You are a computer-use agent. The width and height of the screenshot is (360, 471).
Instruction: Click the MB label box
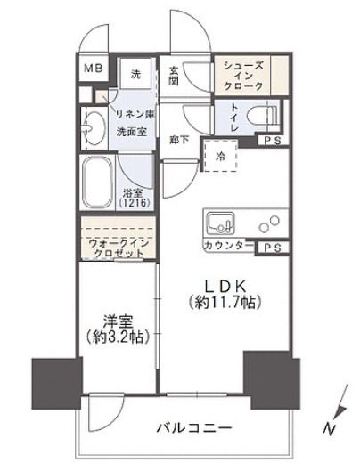93,69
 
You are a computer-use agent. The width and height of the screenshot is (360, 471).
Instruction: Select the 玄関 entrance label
175,75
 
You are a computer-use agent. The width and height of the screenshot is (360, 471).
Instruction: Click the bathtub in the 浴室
94,183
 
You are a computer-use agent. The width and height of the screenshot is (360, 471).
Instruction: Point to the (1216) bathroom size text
135,202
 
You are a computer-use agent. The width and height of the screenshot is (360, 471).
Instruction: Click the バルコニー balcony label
197,428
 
